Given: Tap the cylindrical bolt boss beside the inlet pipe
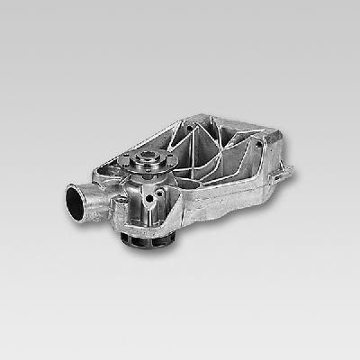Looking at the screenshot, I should [115, 203].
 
